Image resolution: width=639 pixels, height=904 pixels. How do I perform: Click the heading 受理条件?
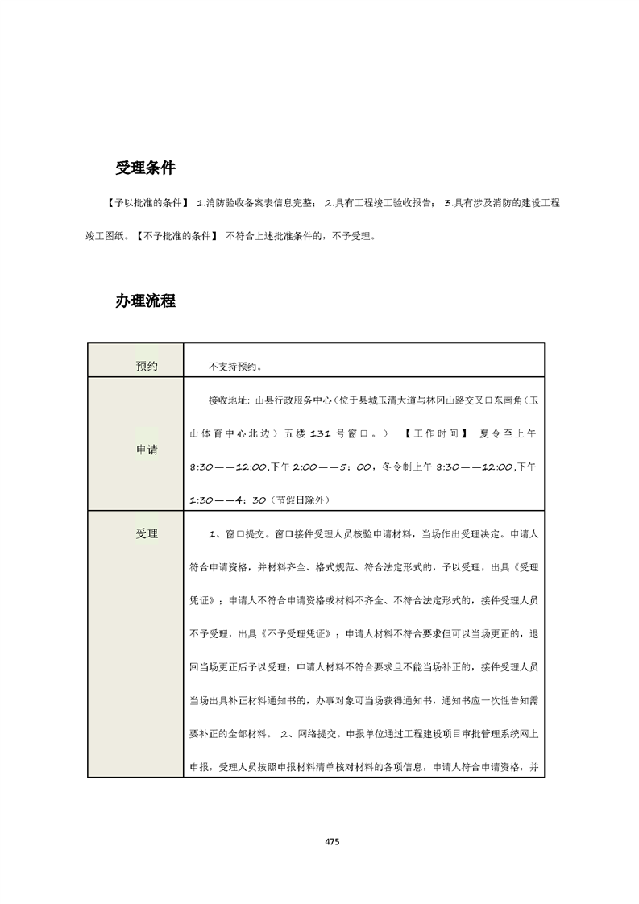point(145,168)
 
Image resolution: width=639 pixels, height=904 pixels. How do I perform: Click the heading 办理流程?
point(145,301)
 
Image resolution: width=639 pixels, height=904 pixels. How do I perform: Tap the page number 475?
point(332,841)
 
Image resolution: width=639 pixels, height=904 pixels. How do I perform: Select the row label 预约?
point(147,367)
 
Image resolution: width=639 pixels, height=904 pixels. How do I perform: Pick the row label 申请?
point(147,450)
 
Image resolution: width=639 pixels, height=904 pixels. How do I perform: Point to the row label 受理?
point(147,533)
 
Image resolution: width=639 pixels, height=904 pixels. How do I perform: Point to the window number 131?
point(321,433)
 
